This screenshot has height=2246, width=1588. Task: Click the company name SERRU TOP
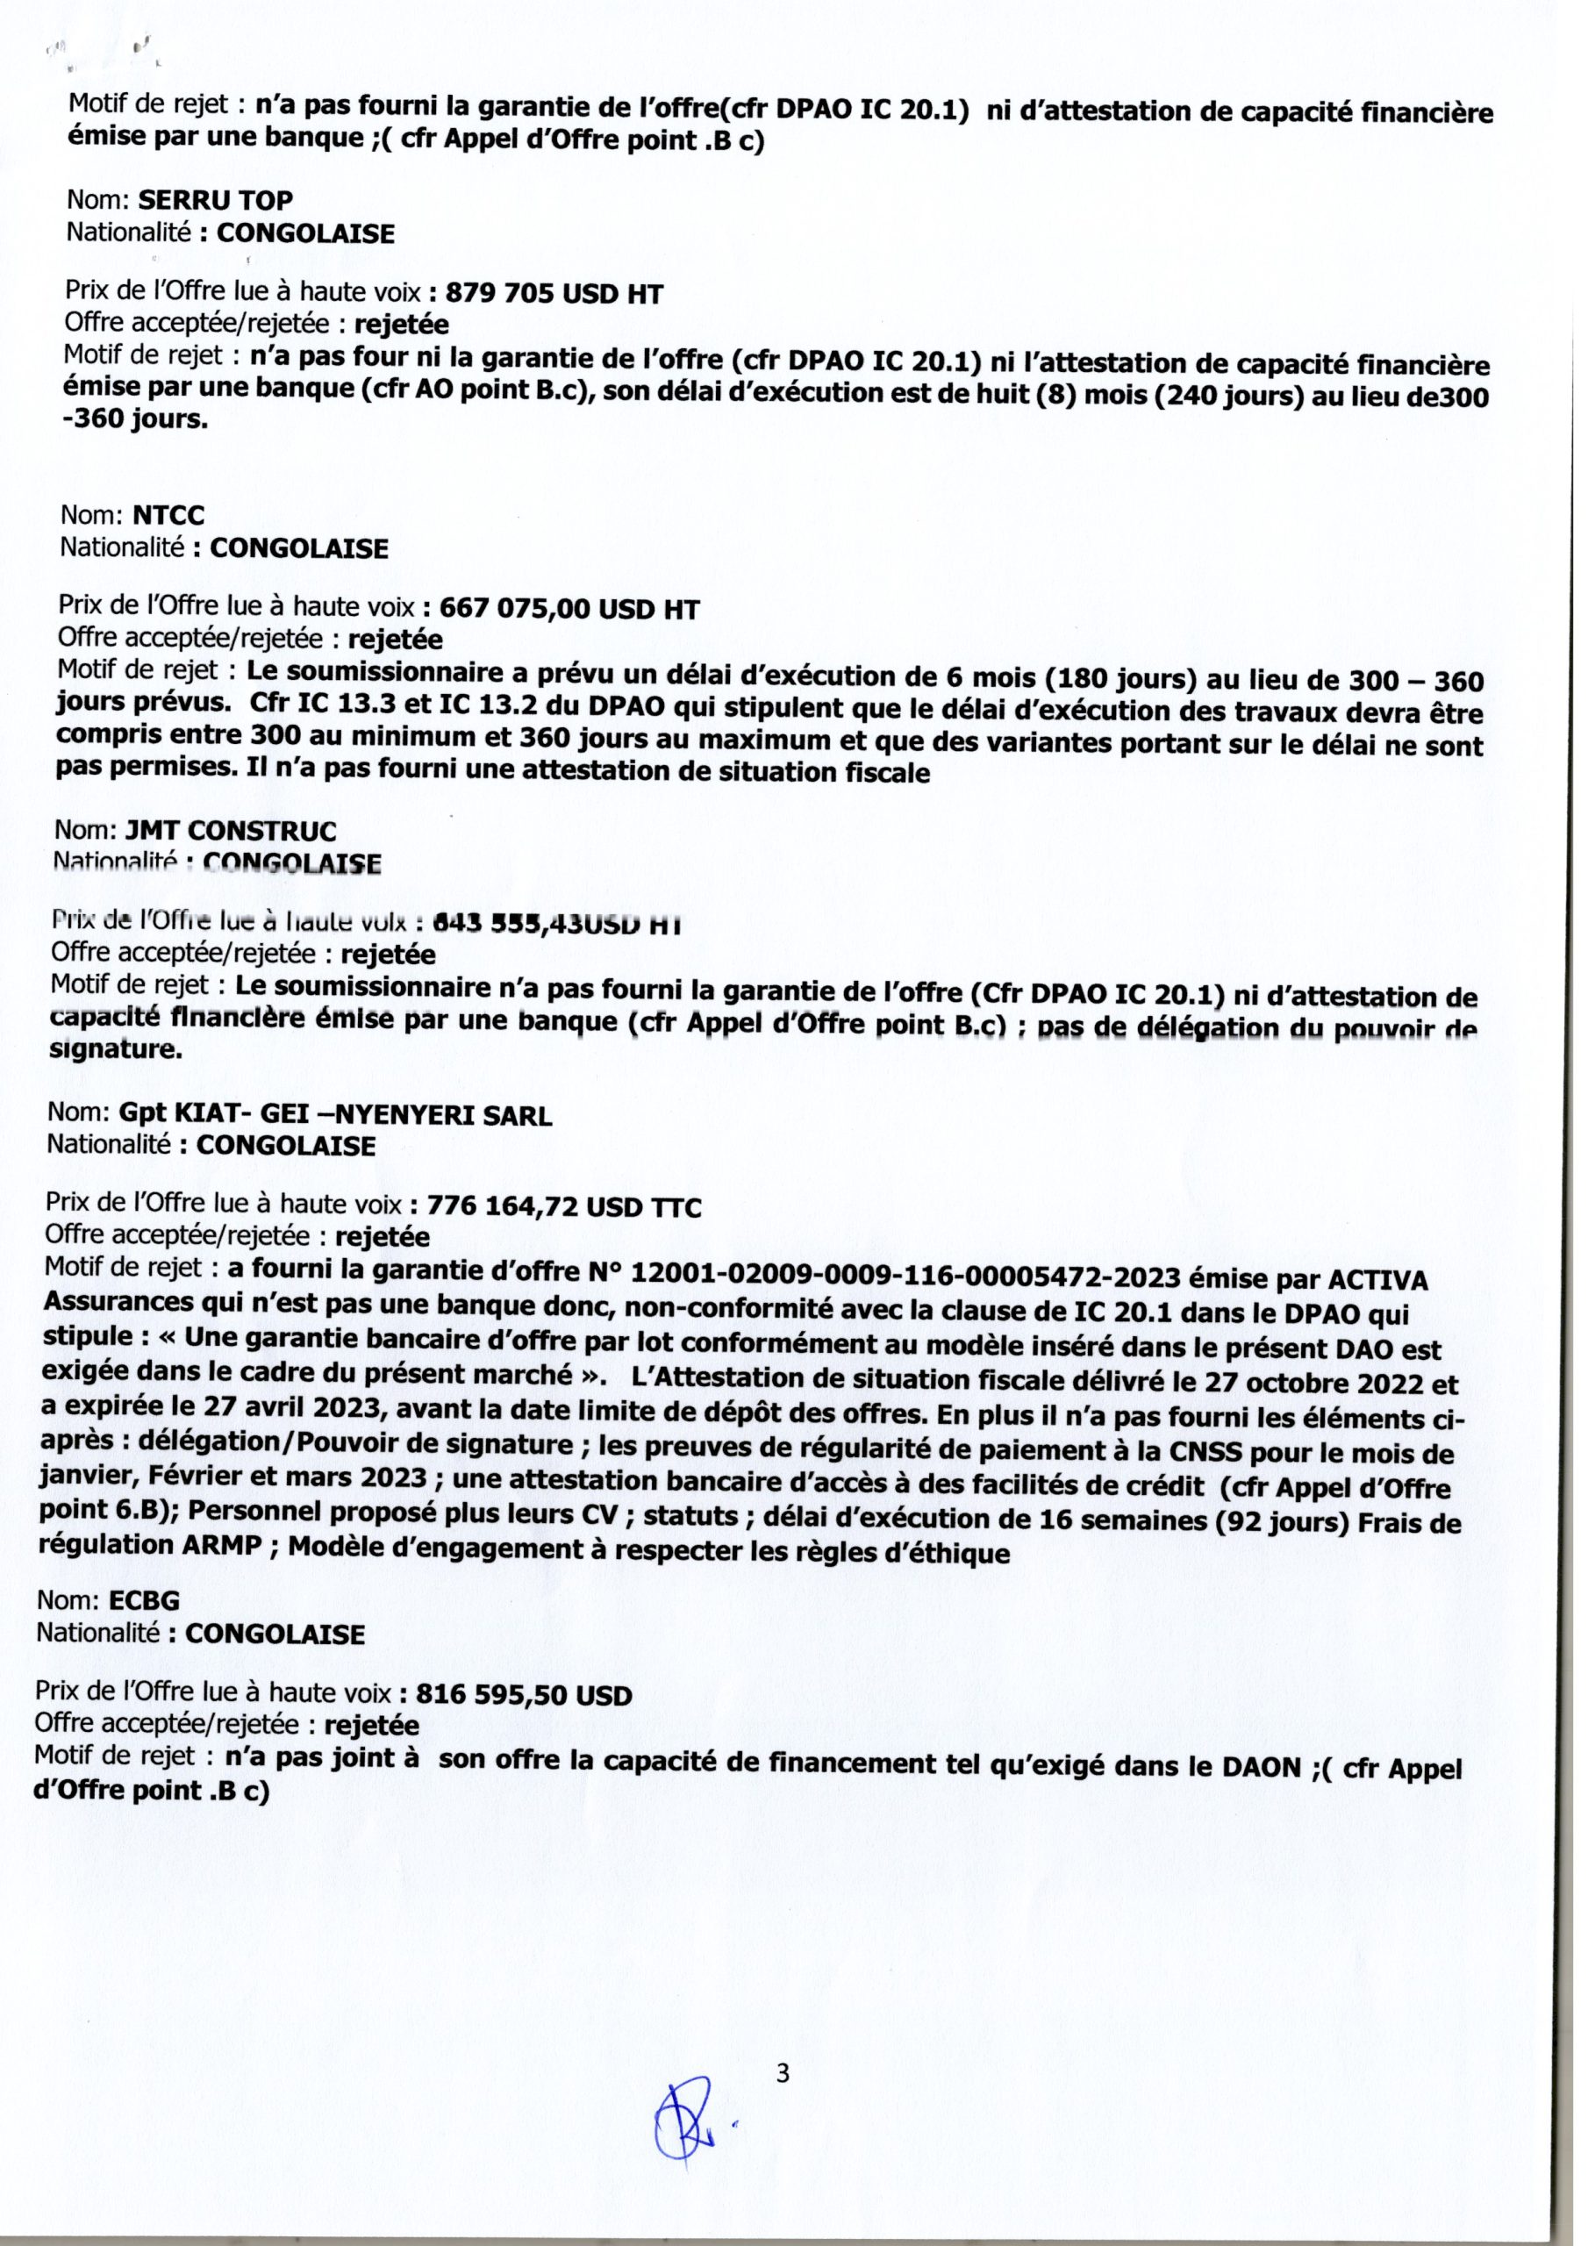click(x=215, y=201)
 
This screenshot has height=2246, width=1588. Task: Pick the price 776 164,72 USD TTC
click(x=563, y=1207)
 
